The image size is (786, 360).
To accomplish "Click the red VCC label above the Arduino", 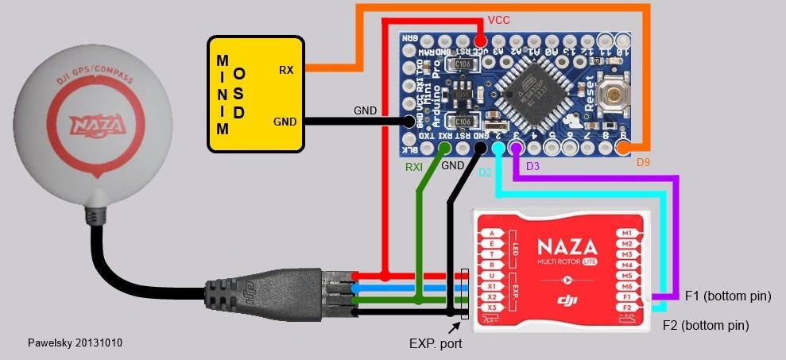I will point(498,19).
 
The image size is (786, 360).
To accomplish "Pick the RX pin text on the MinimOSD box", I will point(285,70).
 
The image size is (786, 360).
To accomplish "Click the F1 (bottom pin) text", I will point(728,296).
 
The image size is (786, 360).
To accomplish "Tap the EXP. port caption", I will point(436,344).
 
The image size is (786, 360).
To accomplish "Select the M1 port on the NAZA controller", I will point(626,232).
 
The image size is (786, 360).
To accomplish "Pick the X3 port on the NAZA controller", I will point(493,308).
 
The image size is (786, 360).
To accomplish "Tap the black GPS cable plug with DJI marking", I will point(242,292).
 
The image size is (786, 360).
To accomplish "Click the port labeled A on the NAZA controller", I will point(493,232).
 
